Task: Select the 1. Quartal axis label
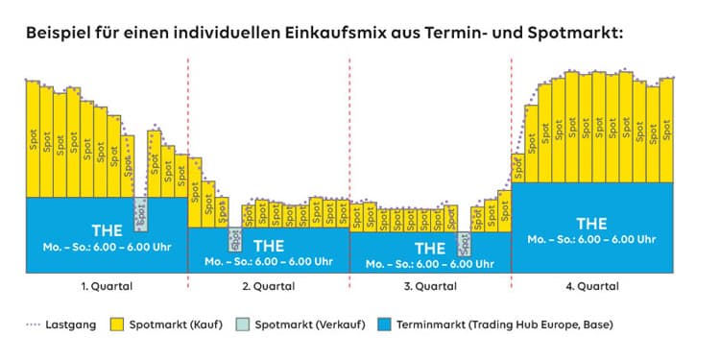tap(106, 286)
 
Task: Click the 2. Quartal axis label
tap(268, 286)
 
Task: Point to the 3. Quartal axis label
tap(429, 286)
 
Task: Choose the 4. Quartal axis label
tap(592, 286)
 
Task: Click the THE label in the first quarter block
tap(106, 230)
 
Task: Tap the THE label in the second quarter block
tap(268, 245)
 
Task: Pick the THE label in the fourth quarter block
tap(592, 224)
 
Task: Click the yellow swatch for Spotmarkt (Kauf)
tap(119, 324)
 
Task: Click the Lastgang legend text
tap(77, 324)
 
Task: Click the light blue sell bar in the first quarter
tap(141, 214)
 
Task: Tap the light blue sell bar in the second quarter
tap(234, 238)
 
